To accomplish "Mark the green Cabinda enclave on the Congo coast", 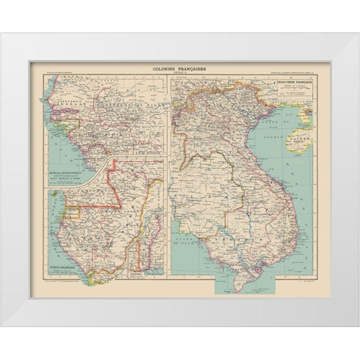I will [x=92, y=277].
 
